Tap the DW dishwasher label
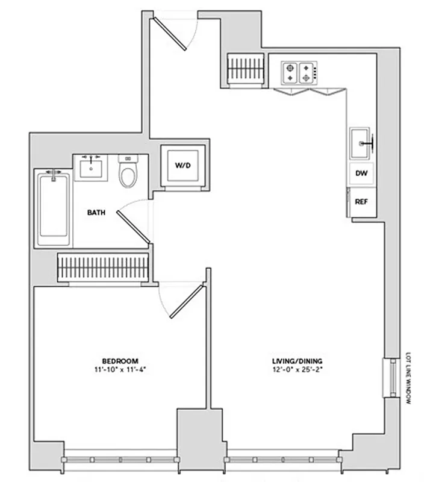tap(361, 174)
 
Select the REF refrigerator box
tap(361, 202)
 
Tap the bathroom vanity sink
tap(92, 167)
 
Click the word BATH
tap(97, 213)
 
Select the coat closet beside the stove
tap(246, 67)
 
